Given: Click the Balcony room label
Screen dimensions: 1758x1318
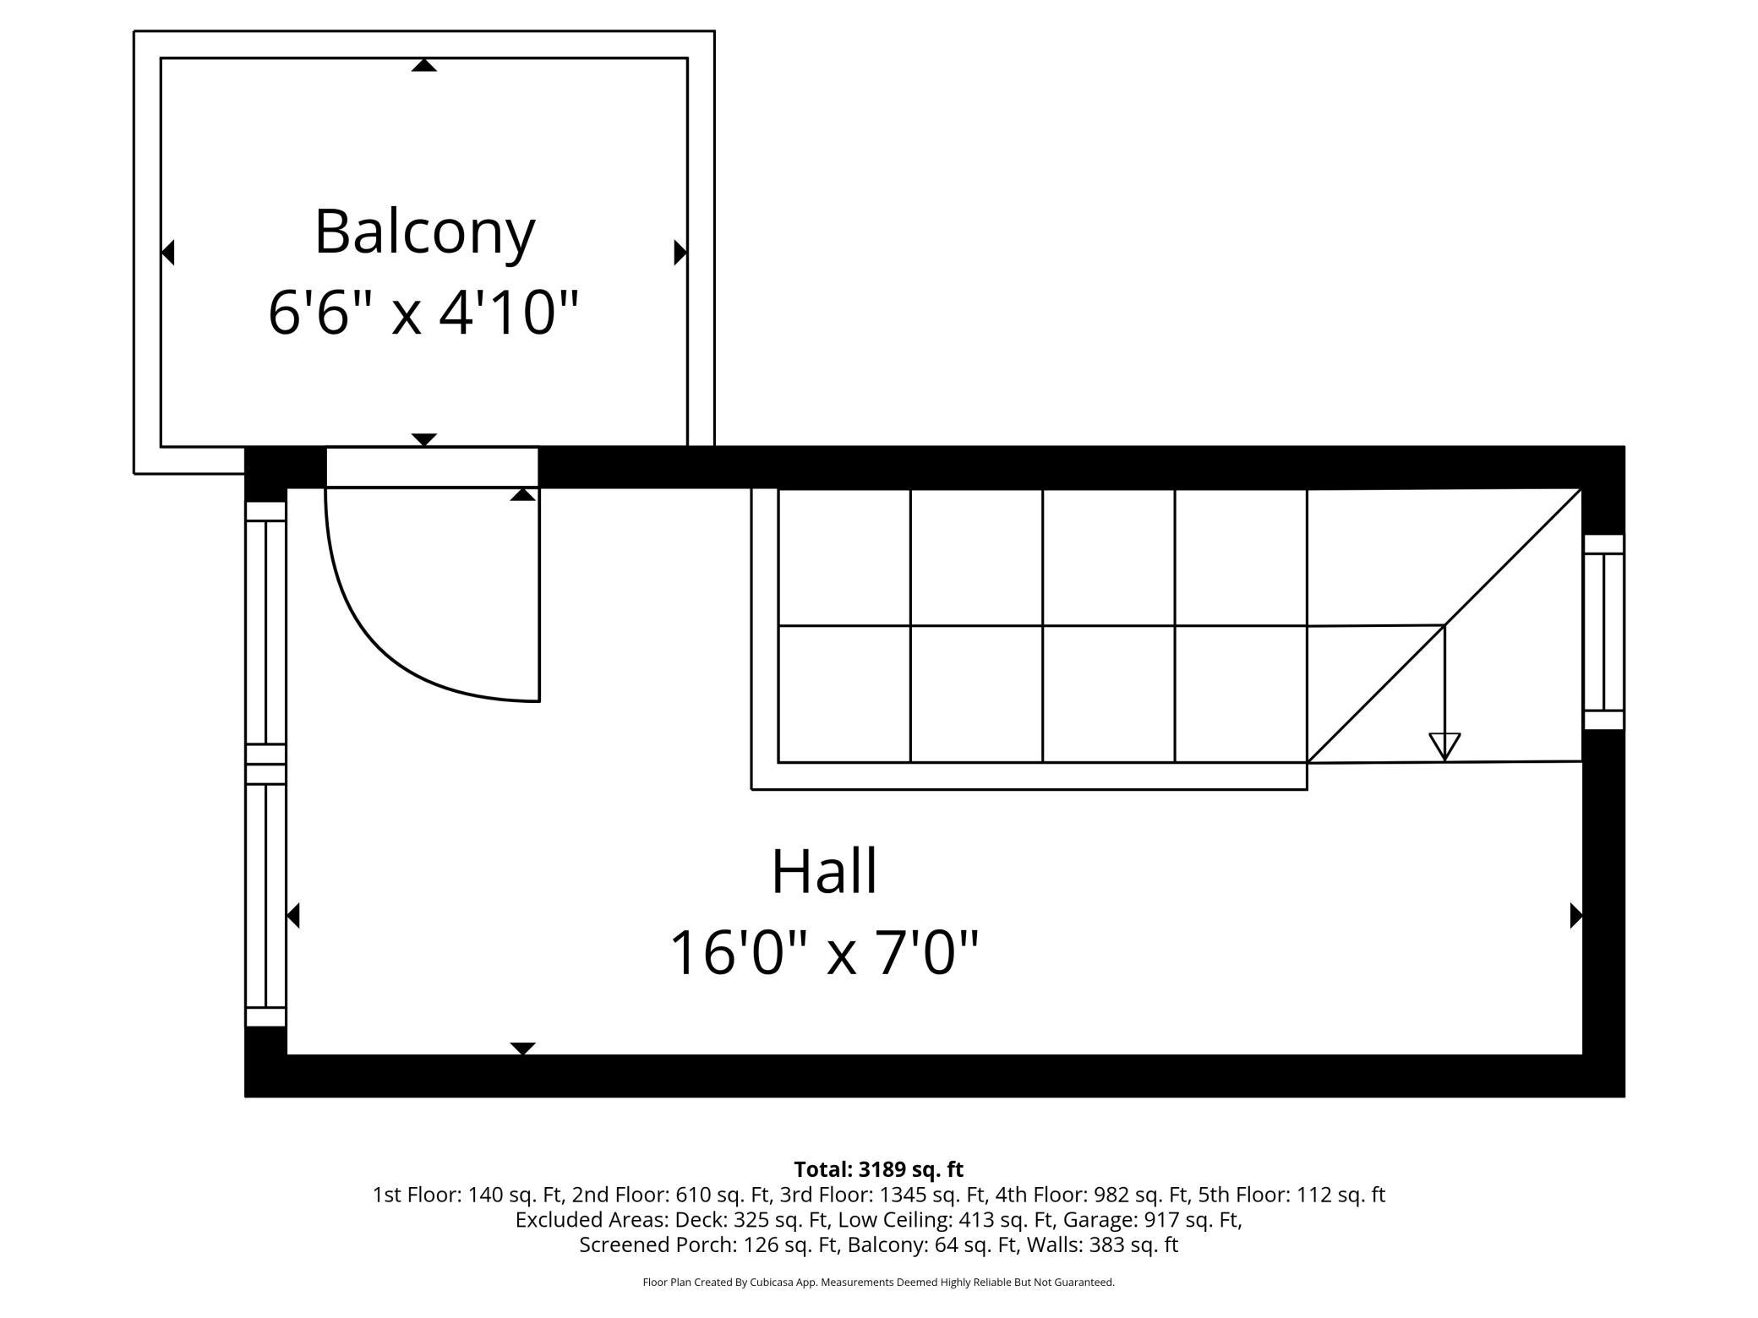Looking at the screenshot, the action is coord(424,232).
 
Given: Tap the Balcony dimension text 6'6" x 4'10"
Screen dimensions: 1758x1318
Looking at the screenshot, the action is coord(423,313).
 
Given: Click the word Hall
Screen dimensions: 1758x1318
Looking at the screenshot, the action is coord(824,871).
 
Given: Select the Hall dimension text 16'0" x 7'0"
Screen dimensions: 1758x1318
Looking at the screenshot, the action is coord(824,953).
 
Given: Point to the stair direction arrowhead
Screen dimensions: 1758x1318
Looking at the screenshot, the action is coord(1444,747).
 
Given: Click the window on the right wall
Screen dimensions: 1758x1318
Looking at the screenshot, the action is coord(1603,632).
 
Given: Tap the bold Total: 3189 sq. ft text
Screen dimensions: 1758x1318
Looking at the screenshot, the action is coord(879,1169).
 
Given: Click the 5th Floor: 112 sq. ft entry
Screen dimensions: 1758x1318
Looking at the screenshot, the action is coord(1291,1195).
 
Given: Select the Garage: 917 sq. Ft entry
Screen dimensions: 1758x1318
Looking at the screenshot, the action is coord(1153,1220).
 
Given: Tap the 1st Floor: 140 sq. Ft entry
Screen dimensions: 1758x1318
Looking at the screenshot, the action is coord(469,1195).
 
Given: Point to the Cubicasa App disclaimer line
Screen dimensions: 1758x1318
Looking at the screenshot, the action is coord(879,1283).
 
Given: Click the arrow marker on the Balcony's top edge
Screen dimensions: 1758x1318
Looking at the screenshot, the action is coord(423,65).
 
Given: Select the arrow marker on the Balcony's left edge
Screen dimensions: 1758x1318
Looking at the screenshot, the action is coord(167,252).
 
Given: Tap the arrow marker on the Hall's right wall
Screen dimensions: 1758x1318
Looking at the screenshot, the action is coord(1575,915).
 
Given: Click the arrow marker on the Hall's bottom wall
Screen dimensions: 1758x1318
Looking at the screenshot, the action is coord(522,1048).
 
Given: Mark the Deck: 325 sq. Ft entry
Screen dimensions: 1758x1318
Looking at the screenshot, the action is coord(732,1220).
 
